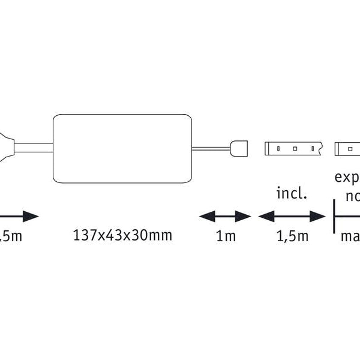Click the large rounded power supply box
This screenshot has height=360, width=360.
tap(122, 148)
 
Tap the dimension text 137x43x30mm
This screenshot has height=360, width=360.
tap(122, 235)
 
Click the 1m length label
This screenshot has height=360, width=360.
tap(226, 236)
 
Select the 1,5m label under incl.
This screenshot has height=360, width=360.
tap(292, 236)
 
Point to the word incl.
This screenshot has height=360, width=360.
tap(292, 193)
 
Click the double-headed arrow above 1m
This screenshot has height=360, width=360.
tap(225, 216)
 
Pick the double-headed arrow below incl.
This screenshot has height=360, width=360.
tap(292, 216)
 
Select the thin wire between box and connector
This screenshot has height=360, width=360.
tap(211, 148)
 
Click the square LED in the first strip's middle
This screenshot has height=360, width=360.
tap(295, 148)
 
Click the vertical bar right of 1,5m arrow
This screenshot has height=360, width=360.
tap(334, 216)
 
